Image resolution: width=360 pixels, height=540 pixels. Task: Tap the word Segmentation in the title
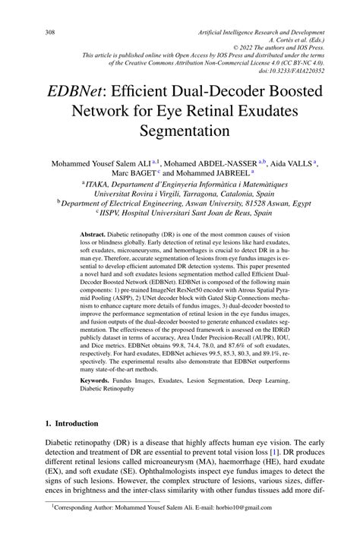(180, 130)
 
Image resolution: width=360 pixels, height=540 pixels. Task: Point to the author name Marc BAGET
(134, 173)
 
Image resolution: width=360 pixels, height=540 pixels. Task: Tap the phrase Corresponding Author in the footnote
(84, 526)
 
